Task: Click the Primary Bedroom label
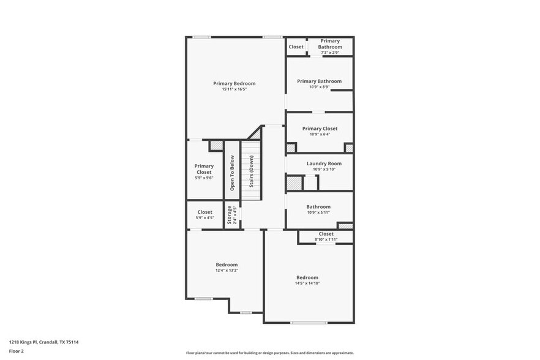click(x=234, y=83)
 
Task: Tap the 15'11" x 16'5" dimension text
click(x=234, y=89)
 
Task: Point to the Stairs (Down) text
click(x=251, y=171)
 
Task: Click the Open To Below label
click(x=232, y=173)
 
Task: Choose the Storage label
click(x=230, y=215)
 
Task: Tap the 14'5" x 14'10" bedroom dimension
click(x=307, y=283)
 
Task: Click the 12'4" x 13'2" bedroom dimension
click(x=227, y=270)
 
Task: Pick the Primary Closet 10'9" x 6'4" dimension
click(x=320, y=134)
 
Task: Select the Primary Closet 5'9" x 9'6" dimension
click(x=204, y=178)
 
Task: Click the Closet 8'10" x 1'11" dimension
click(x=326, y=239)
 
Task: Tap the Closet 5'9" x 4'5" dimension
click(x=204, y=217)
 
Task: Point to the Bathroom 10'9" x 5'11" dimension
click(x=318, y=212)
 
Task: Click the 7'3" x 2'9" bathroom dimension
click(x=329, y=53)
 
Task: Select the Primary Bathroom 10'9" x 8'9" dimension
click(x=320, y=87)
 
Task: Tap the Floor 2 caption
click(x=16, y=351)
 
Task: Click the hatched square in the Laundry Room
click(x=295, y=183)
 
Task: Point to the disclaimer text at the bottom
click(x=270, y=353)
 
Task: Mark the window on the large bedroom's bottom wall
click(x=309, y=323)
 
